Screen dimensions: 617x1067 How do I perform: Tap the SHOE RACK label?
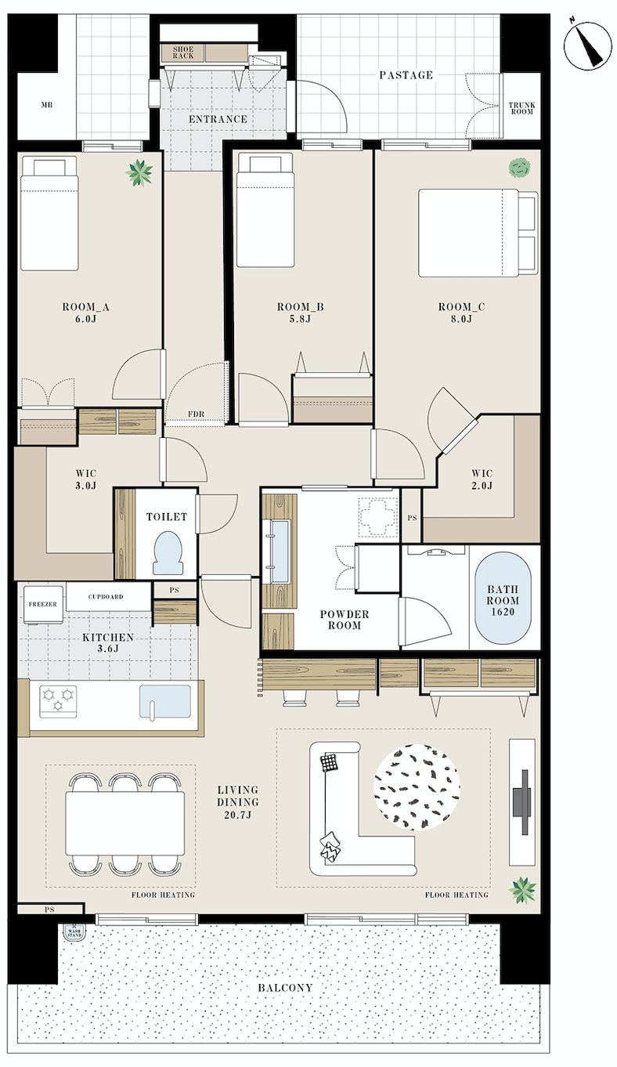click(x=182, y=52)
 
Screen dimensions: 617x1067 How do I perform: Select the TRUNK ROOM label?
click(x=521, y=108)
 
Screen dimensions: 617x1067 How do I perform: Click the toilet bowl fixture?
click(x=168, y=552)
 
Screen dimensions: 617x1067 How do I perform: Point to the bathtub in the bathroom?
click(x=503, y=600)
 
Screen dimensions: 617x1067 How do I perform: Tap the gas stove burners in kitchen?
click(x=58, y=701)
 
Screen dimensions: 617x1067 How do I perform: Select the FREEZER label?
click(x=43, y=604)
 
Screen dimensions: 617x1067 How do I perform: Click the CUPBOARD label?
click(x=106, y=596)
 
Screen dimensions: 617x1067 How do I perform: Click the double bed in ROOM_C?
click(x=478, y=233)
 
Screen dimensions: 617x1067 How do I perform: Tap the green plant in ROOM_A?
click(x=139, y=173)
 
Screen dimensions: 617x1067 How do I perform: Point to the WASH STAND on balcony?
click(x=74, y=932)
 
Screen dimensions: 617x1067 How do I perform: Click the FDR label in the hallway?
click(x=197, y=414)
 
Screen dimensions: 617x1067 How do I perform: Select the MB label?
click(x=47, y=105)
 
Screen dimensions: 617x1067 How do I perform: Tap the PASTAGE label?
click(x=406, y=74)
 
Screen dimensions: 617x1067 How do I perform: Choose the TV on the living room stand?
click(x=521, y=802)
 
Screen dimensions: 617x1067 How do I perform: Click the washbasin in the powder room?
click(x=280, y=552)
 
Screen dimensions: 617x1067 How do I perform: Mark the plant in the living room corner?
click(x=522, y=890)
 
